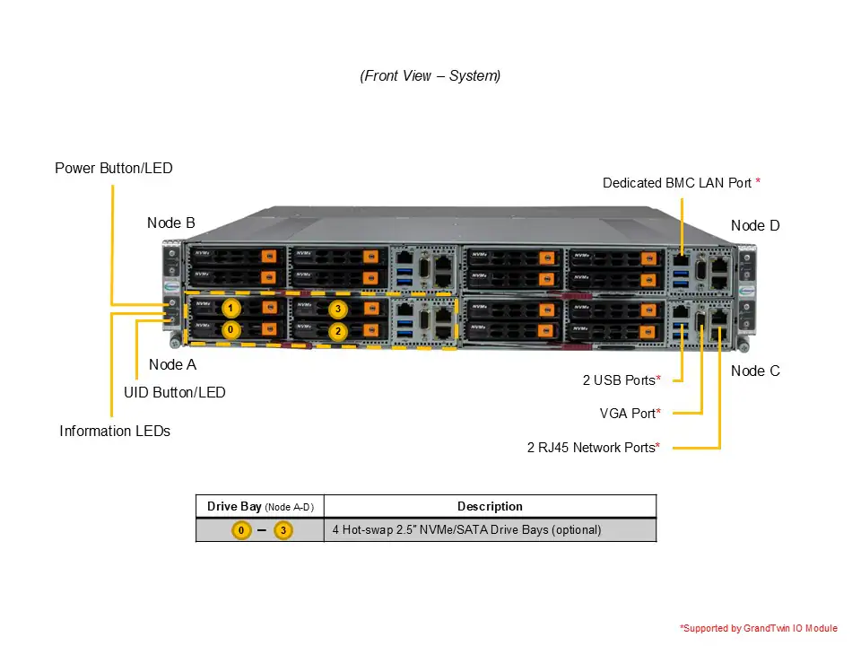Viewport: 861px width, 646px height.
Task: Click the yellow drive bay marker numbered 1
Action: (230, 309)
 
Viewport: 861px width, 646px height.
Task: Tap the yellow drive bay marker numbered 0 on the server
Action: (230, 330)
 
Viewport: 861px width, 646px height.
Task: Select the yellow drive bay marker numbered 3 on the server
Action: (337, 309)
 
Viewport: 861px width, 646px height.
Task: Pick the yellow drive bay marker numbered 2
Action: (337, 330)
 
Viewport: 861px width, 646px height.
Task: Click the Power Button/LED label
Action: (114, 168)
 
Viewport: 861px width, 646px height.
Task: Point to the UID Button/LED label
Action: (175, 392)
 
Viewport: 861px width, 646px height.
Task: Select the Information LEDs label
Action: (115, 431)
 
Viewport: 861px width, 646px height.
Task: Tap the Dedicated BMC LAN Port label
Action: (677, 183)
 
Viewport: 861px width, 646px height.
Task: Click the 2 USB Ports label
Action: (619, 380)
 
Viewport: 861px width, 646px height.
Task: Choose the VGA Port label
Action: (629, 414)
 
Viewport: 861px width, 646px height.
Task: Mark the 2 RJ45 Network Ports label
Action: (591, 447)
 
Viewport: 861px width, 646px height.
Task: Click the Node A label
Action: (172, 364)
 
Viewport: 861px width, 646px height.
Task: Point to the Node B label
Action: (171, 223)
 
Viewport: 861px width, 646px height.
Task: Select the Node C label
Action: (755, 371)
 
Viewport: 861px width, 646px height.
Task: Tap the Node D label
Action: (755, 225)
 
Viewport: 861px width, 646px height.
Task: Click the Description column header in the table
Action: (490, 506)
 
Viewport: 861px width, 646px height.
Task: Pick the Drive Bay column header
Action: (259, 506)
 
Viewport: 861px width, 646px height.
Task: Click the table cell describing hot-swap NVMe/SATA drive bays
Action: (466, 529)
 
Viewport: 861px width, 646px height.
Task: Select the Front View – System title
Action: (430, 76)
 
